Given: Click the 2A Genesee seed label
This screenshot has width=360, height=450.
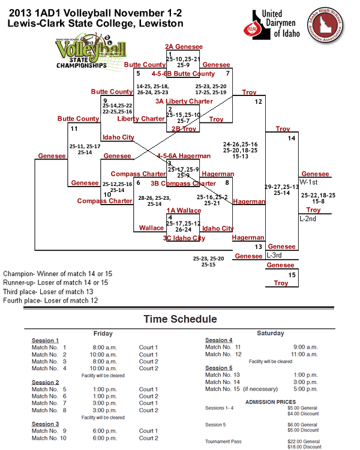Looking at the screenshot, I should pos(184,46).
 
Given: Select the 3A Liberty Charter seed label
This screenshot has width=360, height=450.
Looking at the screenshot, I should pos(184,101).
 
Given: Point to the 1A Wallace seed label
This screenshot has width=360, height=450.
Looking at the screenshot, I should pos(184,210).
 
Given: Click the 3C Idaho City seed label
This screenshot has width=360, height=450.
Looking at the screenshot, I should pos(184,238).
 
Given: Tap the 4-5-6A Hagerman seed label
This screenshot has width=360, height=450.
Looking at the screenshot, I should pos(184,155).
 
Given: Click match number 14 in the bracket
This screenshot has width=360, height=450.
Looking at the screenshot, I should pos(291,139).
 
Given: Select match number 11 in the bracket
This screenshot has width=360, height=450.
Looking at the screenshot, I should pos(74,128).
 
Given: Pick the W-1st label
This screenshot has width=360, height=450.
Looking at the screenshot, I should pos(308,181).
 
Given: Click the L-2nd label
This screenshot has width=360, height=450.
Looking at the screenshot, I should pos(308,218).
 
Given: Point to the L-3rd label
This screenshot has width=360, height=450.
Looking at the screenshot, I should pos(274,255).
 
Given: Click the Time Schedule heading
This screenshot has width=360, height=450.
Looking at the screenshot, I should pos(179,319).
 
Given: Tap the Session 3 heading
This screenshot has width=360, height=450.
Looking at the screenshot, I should pos(45,424).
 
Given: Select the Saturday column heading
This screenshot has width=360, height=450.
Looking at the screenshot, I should pos(270,333).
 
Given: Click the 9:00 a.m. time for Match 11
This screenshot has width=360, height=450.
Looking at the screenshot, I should pos(305,347).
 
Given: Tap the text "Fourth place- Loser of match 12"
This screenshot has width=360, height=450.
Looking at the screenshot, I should pos(50,300).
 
